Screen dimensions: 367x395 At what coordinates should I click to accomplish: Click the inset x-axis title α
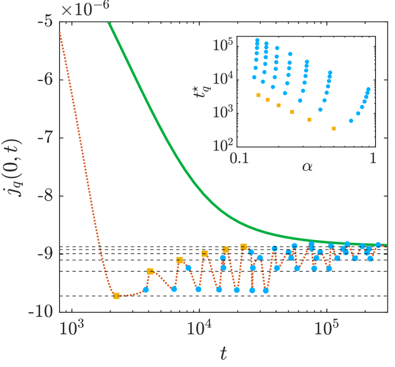coord(307,167)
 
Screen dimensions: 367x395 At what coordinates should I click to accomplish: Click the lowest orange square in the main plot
coord(117,296)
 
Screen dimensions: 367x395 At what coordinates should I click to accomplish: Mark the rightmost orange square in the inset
coord(334,129)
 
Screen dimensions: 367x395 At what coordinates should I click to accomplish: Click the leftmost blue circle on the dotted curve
coord(146,289)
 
